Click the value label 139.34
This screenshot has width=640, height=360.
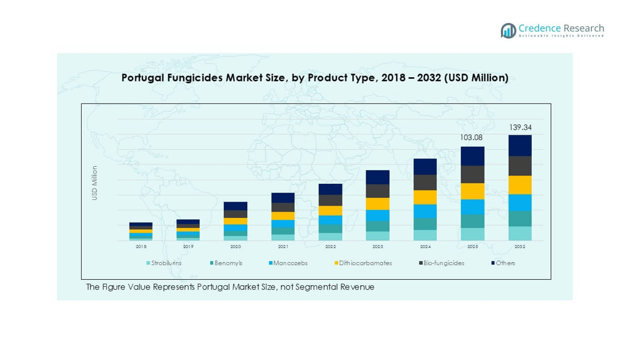click(520, 127)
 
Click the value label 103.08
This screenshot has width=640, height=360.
click(472, 138)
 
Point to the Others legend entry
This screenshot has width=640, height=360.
click(505, 263)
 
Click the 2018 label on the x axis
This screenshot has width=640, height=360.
click(141, 247)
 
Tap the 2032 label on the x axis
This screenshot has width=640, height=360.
click(520, 247)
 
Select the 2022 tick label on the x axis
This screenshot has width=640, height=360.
click(330, 247)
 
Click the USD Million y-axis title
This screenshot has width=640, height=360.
click(94, 183)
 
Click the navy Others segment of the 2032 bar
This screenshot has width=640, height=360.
click(520, 146)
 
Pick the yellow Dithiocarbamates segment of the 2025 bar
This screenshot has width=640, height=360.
click(472, 191)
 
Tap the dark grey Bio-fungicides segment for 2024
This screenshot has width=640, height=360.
click(425, 182)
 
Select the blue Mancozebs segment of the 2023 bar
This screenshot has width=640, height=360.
click(377, 215)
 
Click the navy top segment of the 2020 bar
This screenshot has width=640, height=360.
click(236, 206)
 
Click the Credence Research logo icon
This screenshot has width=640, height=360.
click(508, 31)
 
